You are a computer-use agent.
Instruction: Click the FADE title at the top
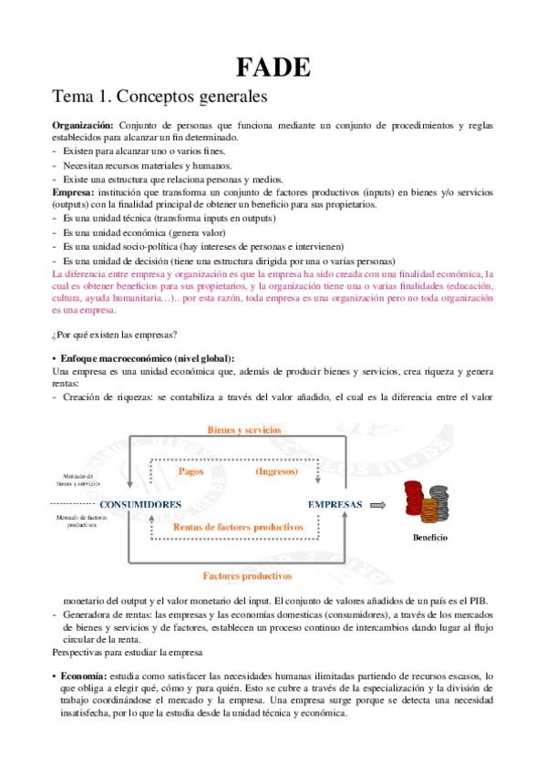click(273, 67)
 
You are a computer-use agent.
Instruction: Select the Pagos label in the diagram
click(191, 472)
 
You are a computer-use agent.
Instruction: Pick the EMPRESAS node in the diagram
click(335, 504)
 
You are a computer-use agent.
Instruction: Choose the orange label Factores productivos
click(247, 575)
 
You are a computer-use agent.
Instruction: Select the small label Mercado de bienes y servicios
click(77, 479)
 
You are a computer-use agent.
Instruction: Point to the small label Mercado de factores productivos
click(77, 522)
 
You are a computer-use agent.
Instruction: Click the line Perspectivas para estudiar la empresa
click(135, 654)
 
